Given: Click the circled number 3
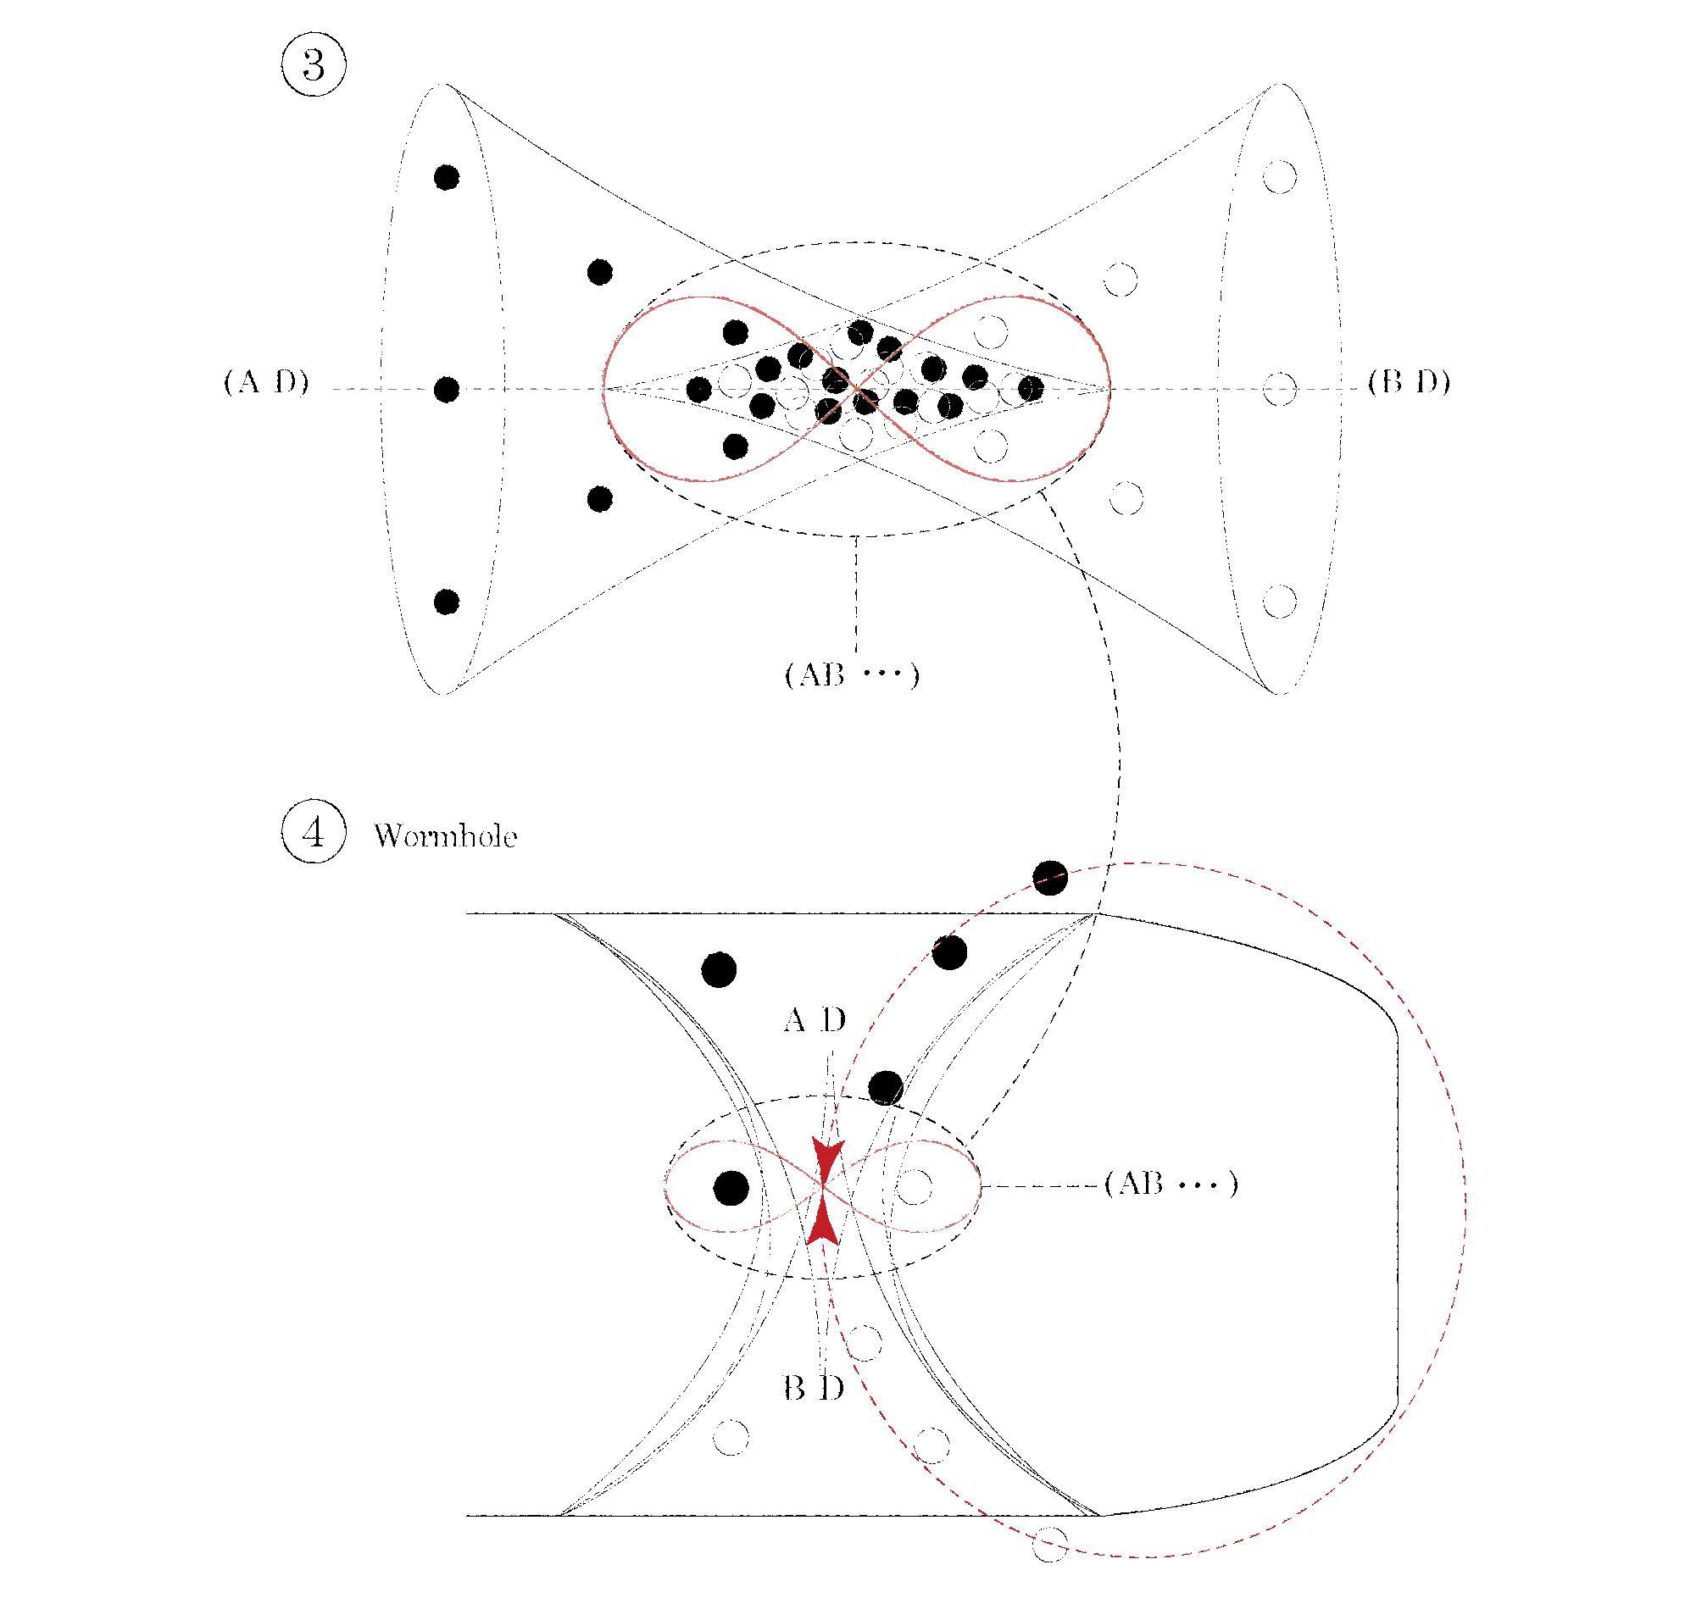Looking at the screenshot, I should pyautogui.click(x=314, y=65).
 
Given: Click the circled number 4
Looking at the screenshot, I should pyautogui.click(x=314, y=831).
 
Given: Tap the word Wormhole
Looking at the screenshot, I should pyautogui.click(x=445, y=836).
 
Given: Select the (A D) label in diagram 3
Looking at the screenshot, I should pyautogui.click(x=266, y=381).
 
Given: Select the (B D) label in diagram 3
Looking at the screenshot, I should pyautogui.click(x=1408, y=381).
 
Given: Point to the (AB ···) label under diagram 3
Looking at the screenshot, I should pyautogui.click(x=851, y=675).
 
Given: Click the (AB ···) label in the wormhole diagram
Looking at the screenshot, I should pyautogui.click(x=1171, y=1184).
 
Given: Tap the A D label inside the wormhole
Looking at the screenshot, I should pyautogui.click(x=815, y=1020).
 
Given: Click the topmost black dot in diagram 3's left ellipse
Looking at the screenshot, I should pyautogui.click(x=446, y=178).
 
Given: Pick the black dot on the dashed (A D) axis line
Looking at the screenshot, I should pyautogui.click(x=446, y=390).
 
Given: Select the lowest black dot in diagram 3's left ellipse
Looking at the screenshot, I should pyautogui.click(x=446, y=602).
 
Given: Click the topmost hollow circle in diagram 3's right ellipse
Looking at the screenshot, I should pyautogui.click(x=1279, y=177).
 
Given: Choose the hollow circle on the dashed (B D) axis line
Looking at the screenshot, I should pyautogui.click(x=1279, y=389).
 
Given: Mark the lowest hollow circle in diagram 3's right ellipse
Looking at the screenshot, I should pyautogui.click(x=1279, y=602).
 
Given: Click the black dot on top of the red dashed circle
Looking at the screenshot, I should pyautogui.click(x=1049, y=878).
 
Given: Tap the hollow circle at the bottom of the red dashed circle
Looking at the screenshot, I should pyautogui.click(x=1049, y=1544).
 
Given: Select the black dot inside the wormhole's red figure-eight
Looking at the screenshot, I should pyautogui.click(x=730, y=1188).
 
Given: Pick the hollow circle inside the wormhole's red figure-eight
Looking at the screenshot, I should pyautogui.click(x=914, y=1187).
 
